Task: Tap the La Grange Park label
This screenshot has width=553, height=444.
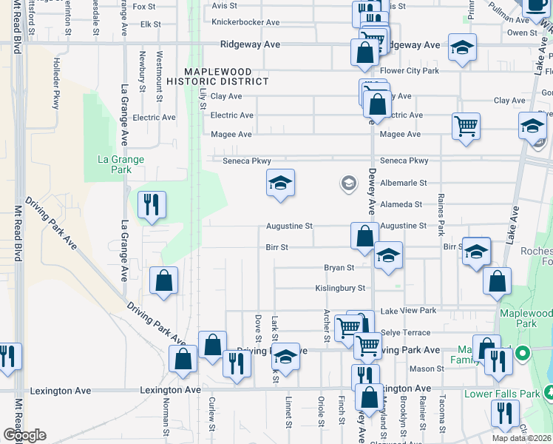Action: point(121,164)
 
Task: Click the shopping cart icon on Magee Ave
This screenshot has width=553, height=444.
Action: point(467,127)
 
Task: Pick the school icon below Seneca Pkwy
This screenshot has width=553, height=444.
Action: point(280,184)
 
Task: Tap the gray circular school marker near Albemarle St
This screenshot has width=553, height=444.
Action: point(348,183)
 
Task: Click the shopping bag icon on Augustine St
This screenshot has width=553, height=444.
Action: point(364,236)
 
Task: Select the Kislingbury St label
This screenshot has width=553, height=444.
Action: point(340,288)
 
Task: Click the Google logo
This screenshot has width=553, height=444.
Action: point(24,435)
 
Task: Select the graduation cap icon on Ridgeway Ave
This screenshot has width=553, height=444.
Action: point(463,49)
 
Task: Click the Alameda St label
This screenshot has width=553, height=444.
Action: point(401,204)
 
